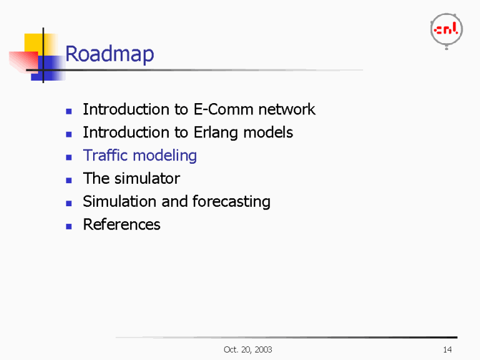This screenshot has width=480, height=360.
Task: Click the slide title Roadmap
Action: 109,54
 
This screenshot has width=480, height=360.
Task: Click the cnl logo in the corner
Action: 446,29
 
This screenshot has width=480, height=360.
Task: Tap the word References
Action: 121,224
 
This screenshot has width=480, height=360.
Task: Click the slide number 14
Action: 447,349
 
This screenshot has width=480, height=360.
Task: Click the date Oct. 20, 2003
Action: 247,349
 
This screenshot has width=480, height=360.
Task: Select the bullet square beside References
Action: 69,226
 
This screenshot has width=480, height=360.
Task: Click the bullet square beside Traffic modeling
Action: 69,157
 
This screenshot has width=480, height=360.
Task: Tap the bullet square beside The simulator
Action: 69,180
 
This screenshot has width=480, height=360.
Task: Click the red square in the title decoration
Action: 22,61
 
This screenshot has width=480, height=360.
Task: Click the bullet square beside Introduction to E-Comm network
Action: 69,111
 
